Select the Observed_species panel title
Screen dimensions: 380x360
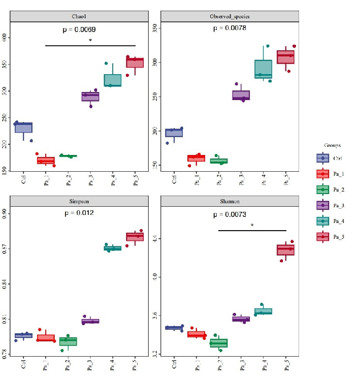[x=230, y=16]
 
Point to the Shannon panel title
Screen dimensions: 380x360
[x=230, y=201]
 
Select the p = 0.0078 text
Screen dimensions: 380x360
[x=229, y=28]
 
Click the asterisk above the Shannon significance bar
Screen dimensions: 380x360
[x=252, y=226]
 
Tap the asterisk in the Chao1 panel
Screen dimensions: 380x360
[x=90, y=41]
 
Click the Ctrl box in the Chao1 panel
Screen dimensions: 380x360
[x=23, y=128]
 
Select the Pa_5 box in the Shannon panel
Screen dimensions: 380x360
[x=285, y=249]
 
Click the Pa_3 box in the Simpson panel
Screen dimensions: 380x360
[x=90, y=321]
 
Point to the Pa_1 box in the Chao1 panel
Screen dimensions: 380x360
[x=46, y=161]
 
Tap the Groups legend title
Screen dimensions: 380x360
[x=332, y=145]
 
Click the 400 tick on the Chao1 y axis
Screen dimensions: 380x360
[x=5, y=38]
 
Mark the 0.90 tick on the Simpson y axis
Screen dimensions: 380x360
[x=5, y=212]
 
